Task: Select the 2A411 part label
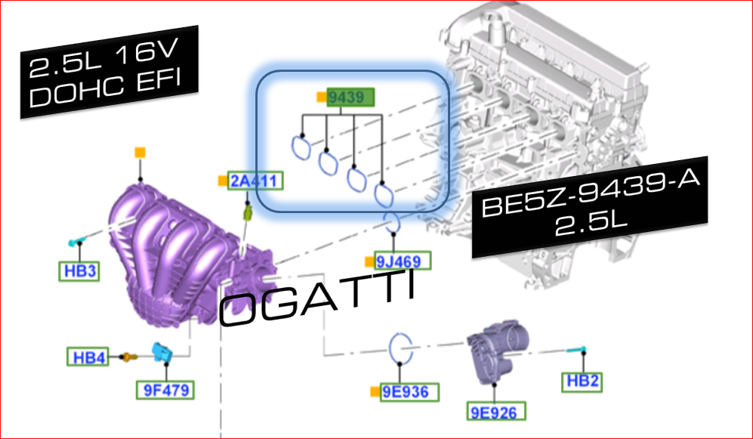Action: (255, 181)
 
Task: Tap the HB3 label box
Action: (79, 271)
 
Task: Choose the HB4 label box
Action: (88, 356)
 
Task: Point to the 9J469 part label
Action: (403, 262)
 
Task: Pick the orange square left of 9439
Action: (321, 97)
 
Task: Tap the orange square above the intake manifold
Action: (139, 152)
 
